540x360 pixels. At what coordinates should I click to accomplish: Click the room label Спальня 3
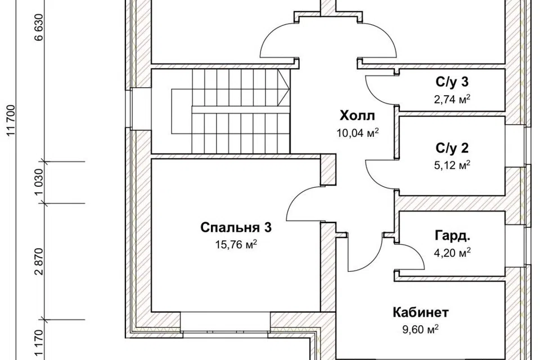236,228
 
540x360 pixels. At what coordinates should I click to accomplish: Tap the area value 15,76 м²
236,245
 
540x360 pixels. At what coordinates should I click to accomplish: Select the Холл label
357,116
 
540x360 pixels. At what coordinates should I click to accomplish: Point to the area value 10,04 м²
358,133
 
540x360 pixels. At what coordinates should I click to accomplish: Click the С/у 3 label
452,82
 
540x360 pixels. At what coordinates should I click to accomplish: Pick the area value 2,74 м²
452,99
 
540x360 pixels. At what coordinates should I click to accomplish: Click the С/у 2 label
452,148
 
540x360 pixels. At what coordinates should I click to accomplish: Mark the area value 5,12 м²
452,165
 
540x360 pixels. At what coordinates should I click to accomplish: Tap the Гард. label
452,236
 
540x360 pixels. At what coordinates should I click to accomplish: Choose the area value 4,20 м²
452,253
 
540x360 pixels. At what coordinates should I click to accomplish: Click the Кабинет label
421,312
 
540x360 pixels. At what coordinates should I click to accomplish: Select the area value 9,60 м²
421,329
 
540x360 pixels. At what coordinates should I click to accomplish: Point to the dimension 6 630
39,28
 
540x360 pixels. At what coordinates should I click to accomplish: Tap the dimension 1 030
39,182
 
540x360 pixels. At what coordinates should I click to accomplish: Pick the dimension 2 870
39,261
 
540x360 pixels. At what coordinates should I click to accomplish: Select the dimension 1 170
39,344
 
